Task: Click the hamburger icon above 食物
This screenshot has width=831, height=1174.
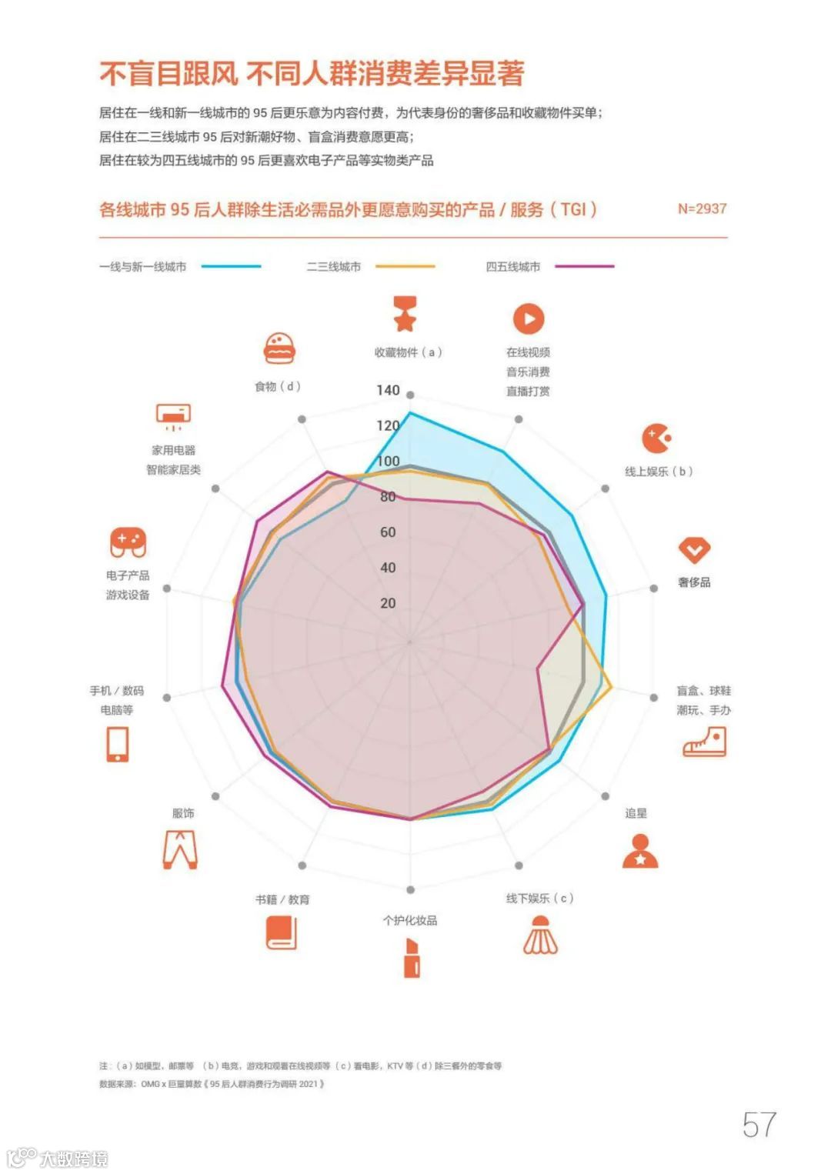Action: tap(279, 349)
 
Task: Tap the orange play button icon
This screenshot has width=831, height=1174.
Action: tap(529, 319)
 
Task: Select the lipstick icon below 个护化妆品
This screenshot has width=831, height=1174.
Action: tap(412, 958)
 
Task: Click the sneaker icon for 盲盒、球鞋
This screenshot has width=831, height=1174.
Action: tap(704, 742)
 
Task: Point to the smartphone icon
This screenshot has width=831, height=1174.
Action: tap(118, 744)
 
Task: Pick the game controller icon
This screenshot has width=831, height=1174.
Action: tap(128, 542)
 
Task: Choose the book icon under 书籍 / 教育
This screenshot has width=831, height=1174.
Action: tap(281, 934)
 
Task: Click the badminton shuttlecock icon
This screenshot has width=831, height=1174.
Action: tap(540, 936)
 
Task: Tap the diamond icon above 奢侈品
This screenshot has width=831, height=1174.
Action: tap(694, 550)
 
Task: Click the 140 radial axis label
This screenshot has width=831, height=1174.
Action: tap(388, 390)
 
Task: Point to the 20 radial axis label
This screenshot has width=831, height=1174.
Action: tap(388, 603)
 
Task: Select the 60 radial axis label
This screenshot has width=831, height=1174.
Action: tap(388, 532)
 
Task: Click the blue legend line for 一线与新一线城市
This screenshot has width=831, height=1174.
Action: tap(232, 266)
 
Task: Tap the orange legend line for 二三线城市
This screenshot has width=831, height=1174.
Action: tap(405, 266)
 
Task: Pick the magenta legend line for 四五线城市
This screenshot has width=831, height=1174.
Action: tap(585, 266)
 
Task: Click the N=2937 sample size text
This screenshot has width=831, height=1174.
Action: tap(702, 208)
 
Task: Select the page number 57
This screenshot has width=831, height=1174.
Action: tap(759, 1125)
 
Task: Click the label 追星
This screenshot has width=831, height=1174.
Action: tap(636, 813)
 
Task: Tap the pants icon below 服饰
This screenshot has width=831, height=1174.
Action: tap(180, 849)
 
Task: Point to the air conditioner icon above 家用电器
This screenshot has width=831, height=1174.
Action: tap(173, 416)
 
